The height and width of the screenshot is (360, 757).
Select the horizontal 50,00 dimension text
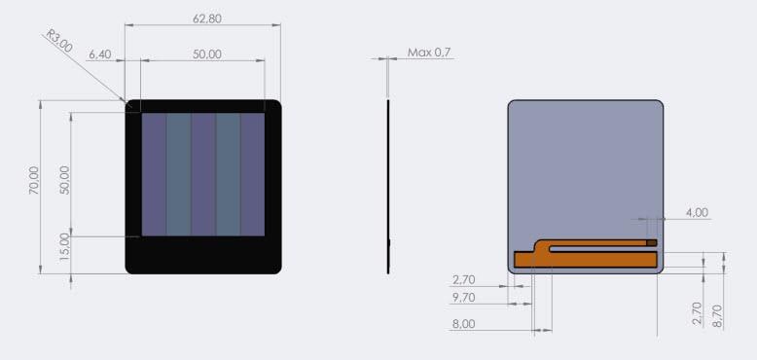point(206,54)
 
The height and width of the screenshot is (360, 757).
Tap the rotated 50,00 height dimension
point(65,179)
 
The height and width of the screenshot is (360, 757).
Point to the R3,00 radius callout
point(59,41)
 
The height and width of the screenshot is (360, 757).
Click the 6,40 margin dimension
point(100,54)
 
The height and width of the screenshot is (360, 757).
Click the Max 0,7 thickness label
point(430,52)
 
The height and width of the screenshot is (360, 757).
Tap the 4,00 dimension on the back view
point(697,212)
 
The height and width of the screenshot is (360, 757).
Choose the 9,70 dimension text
point(464,297)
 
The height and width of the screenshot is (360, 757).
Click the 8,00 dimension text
point(464,325)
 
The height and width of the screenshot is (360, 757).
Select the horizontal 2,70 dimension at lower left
point(464,280)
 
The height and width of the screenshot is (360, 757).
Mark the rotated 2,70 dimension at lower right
point(696,313)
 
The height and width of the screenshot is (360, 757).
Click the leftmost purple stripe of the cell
point(154,174)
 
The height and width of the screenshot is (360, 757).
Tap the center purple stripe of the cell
point(202,174)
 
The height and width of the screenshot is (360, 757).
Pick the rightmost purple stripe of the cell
point(252,174)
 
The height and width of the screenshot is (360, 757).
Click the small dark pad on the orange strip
point(652,242)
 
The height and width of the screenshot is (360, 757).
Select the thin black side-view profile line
point(387,185)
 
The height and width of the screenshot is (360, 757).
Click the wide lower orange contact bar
point(584,260)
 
